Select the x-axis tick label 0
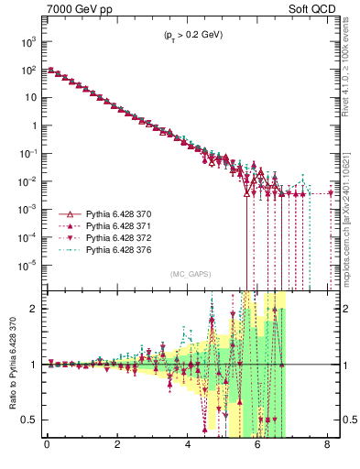click(47, 447)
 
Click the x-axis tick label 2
click(117, 447)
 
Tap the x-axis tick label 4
click(188, 447)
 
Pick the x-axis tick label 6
click(257, 447)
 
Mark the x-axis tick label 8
click(328, 447)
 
